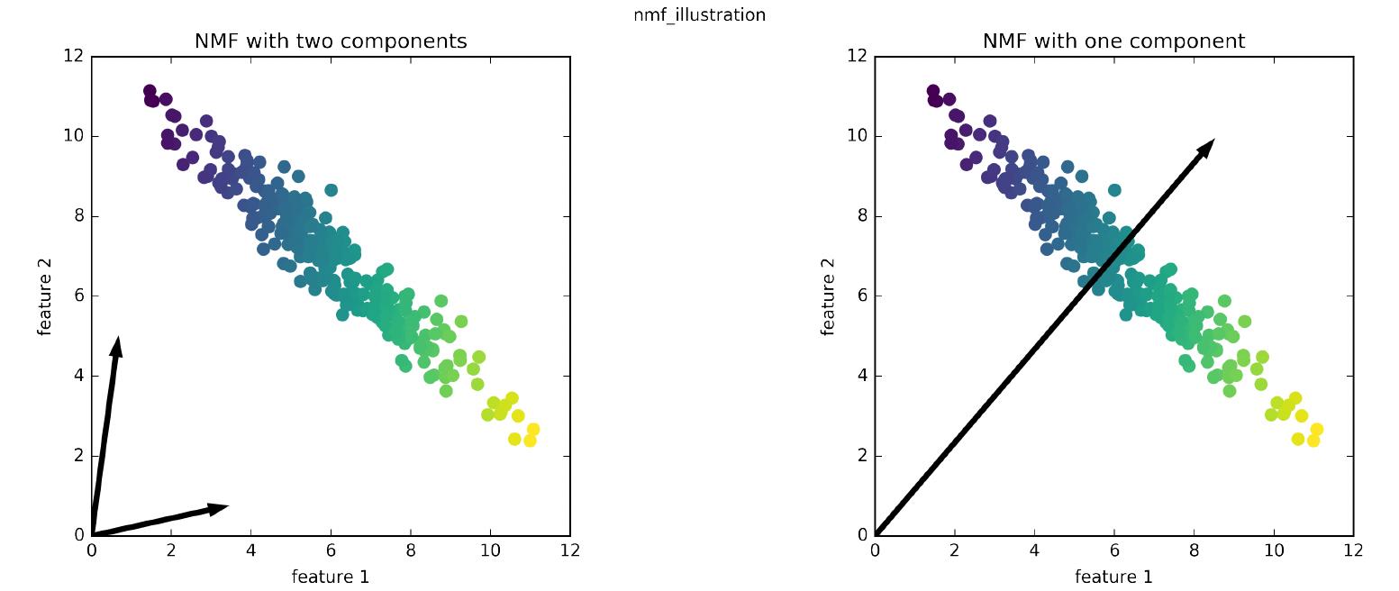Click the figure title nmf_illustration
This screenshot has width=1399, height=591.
699,14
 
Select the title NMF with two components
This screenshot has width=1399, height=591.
331,41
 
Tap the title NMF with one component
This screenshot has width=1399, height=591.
1113,41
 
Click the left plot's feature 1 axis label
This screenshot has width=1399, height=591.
331,577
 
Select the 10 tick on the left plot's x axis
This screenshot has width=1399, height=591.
490,550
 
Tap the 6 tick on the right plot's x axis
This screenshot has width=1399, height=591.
1113,550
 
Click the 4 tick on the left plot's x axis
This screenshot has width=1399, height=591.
250,550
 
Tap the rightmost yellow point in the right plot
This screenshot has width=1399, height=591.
1316,430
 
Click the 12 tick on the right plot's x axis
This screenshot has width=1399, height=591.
1352,550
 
